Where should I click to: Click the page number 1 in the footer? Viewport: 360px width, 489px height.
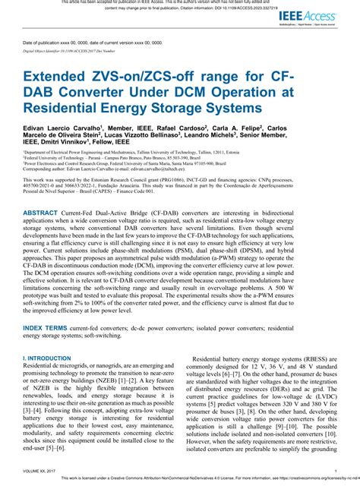point(335,471)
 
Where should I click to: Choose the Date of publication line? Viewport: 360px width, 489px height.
point(92,43)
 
